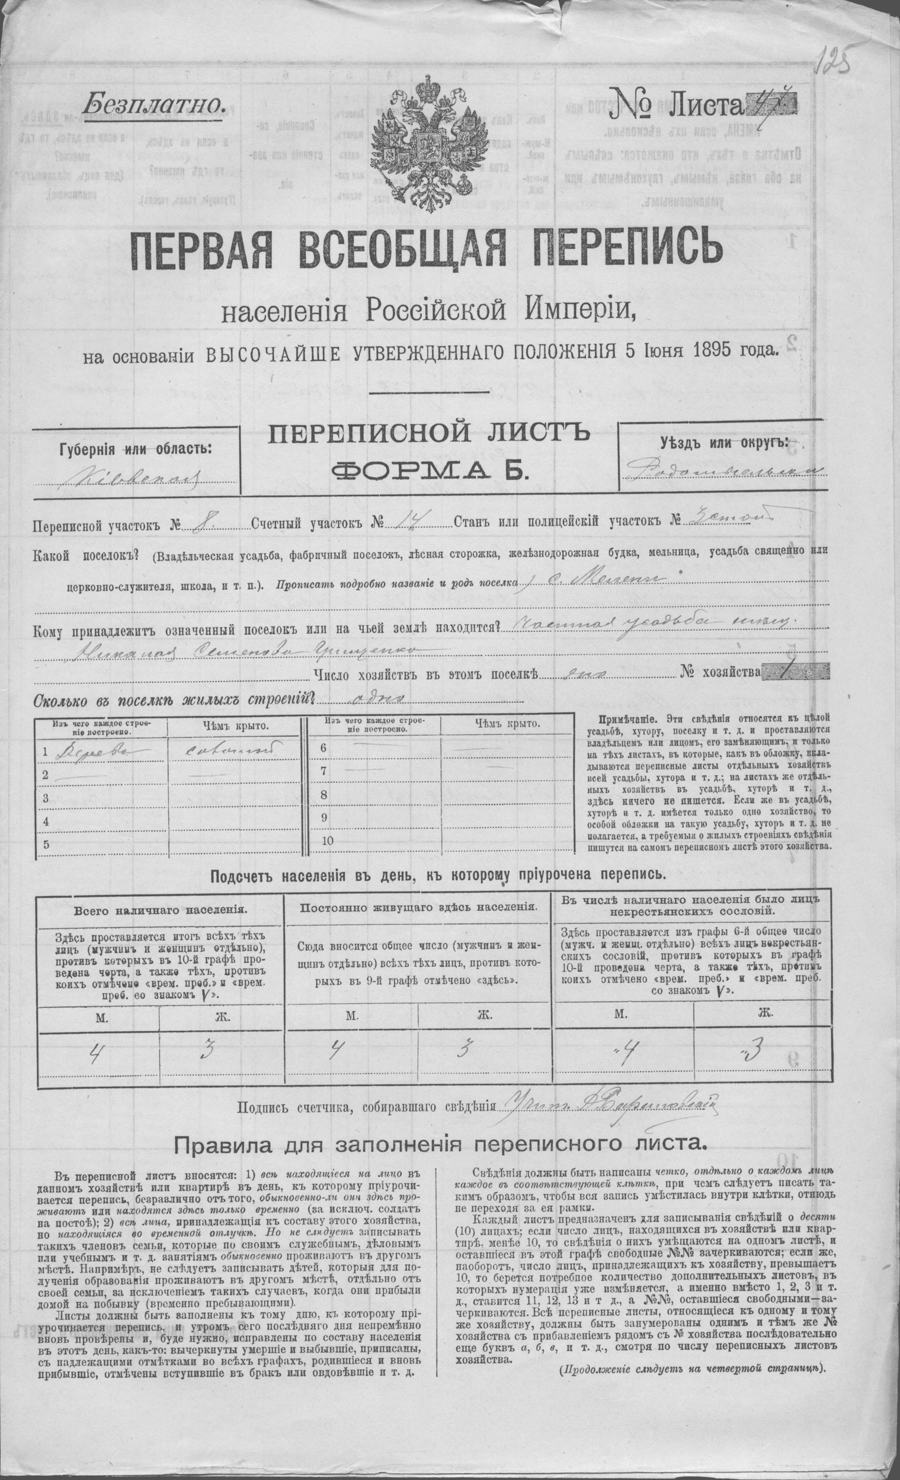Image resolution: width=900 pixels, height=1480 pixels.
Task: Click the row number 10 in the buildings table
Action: tap(327, 840)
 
